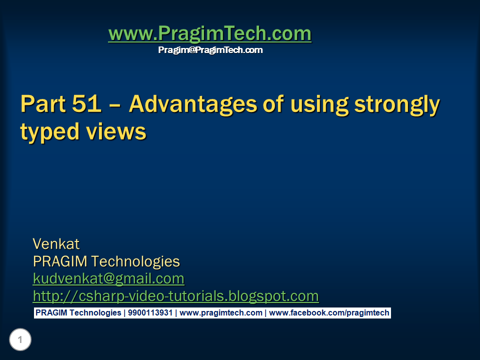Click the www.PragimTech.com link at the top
209,34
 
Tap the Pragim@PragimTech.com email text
210,50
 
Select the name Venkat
56,244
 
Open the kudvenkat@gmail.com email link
108,278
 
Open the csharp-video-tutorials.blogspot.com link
175,296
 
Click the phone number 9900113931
150,313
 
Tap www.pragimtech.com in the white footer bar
220,313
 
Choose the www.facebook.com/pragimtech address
329,313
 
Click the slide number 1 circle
20,340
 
